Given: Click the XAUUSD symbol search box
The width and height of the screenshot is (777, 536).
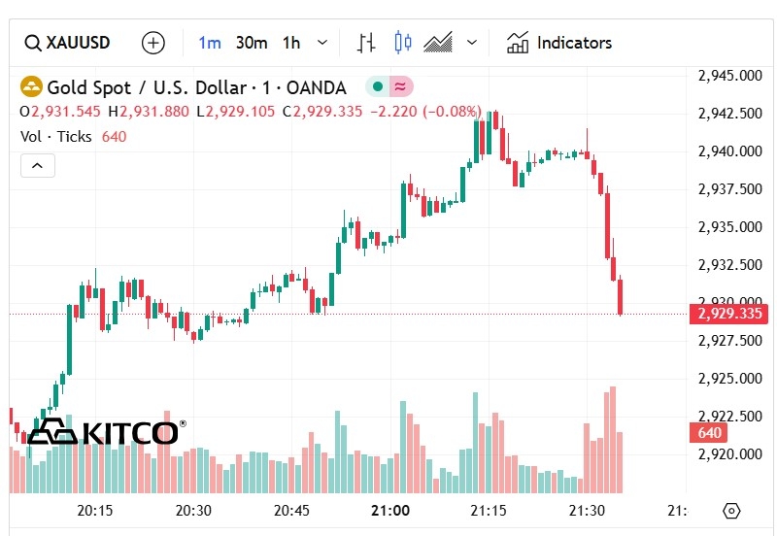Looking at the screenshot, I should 68,43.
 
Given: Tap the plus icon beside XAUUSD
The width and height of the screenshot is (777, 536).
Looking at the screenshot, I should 153,43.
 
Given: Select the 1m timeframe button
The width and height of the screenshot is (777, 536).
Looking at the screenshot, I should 210,43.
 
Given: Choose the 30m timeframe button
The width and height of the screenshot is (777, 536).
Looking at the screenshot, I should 252,43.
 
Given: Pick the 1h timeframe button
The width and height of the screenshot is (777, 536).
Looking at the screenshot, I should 291,43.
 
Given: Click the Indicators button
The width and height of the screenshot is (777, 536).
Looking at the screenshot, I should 559,43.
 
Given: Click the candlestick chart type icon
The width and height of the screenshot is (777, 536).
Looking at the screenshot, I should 403,43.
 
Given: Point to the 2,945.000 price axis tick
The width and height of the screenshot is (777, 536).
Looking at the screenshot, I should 729,76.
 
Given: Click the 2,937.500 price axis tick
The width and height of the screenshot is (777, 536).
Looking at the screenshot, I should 729,189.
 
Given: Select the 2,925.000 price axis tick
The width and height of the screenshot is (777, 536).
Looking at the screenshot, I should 729,379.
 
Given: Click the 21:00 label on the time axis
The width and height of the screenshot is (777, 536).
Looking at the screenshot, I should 390,510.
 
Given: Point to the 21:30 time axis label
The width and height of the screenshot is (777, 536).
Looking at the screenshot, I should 587,510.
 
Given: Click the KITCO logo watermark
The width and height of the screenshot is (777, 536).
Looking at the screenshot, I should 105,432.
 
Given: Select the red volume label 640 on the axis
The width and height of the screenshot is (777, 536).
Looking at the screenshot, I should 710,433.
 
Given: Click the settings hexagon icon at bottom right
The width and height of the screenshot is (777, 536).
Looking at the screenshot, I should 732,511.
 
